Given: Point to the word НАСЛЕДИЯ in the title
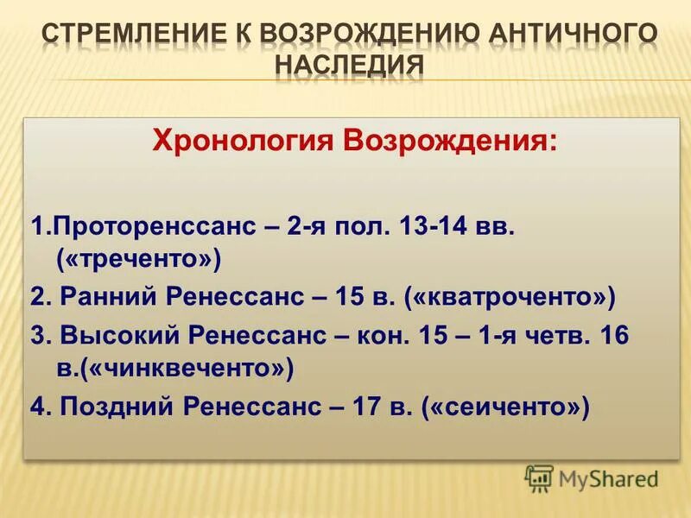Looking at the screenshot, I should click(x=350, y=66).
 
